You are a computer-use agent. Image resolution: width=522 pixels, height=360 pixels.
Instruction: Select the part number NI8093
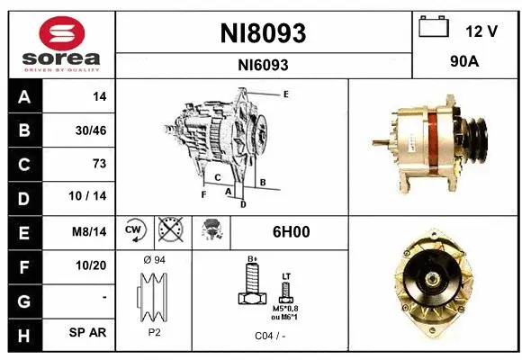click(x=263, y=33)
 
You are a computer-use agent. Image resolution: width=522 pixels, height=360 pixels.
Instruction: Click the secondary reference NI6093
click(x=263, y=65)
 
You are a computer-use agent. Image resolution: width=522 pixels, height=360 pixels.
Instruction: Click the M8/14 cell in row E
click(x=90, y=231)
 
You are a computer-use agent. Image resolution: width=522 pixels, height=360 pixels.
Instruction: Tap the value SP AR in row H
click(x=90, y=332)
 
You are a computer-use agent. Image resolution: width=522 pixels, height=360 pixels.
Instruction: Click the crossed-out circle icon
click(x=168, y=231)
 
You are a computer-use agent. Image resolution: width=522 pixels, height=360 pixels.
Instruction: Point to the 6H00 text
click(x=292, y=231)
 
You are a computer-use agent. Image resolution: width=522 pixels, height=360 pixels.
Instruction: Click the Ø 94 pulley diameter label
click(x=154, y=260)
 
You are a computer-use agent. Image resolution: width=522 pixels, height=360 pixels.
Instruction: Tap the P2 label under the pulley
click(x=153, y=330)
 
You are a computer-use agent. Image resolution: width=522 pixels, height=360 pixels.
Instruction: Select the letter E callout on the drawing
click(x=285, y=94)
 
